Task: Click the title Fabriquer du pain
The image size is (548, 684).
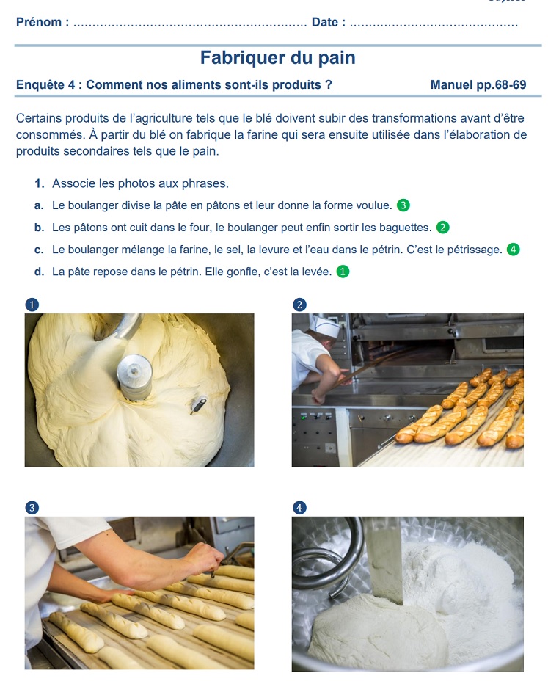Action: click(278, 57)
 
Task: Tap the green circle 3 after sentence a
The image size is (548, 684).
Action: click(403, 205)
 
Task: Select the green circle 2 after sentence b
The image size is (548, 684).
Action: click(443, 228)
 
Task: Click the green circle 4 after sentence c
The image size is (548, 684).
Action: click(513, 250)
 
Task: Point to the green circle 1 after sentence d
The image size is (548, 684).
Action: click(343, 272)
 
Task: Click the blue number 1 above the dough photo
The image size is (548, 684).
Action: click(32, 305)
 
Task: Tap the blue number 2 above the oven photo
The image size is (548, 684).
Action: click(299, 305)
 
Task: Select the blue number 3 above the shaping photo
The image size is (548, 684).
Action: click(32, 508)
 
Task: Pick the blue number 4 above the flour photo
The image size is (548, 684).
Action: click(299, 508)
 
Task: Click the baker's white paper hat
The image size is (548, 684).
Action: click(324, 326)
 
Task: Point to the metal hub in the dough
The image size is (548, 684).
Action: click(134, 376)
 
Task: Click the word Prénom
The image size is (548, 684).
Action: click(39, 22)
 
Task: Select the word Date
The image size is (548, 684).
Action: click(325, 22)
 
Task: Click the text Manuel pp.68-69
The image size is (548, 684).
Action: click(478, 84)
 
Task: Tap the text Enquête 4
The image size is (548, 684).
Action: click(45, 84)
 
